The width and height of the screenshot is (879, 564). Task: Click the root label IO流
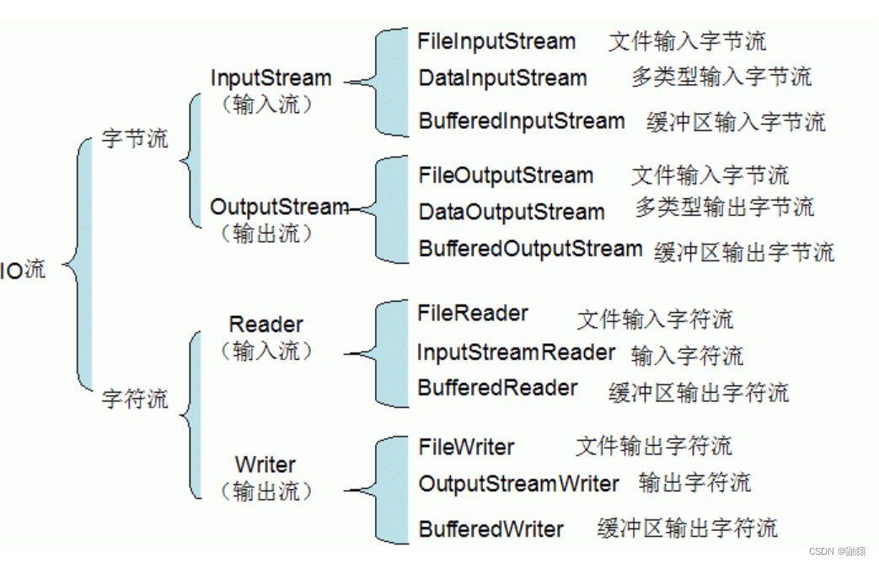point(23,271)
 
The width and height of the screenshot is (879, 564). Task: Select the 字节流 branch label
point(135,138)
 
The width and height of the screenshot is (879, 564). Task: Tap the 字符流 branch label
point(135,398)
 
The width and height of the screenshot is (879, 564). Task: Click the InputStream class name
point(271,78)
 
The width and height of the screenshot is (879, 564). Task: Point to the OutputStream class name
point(279,207)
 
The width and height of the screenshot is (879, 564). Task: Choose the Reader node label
point(265,324)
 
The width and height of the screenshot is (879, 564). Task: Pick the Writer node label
point(265,465)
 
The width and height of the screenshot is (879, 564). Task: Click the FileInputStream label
point(496,41)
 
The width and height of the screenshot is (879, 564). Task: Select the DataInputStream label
point(502,78)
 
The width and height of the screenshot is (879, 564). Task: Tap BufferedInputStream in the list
point(522,121)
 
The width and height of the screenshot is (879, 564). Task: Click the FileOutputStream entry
point(506,175)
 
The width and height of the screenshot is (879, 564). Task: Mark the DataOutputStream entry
point(512,212)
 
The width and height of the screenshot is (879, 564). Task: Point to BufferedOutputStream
point(530,250)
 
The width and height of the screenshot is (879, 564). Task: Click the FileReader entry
point(473,314)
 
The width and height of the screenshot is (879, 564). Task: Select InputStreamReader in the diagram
point(516,352)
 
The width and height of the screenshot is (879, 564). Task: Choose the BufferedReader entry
point(497,389)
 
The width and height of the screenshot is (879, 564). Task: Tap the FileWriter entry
point(466,447)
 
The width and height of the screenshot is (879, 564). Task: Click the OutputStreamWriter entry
point(518,484)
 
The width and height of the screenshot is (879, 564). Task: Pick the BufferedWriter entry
point(490,529)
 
